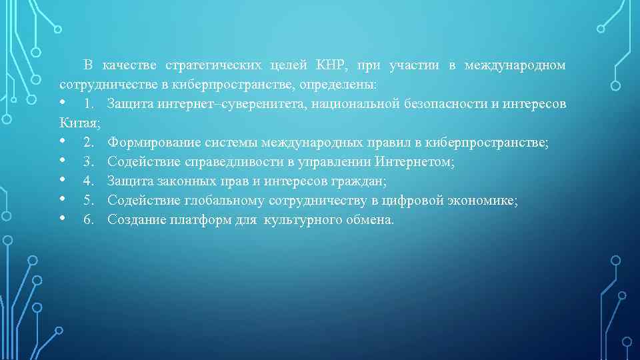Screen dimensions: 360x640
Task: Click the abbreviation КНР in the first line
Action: coord(331,65)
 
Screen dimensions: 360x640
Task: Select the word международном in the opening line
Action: coord(515,65)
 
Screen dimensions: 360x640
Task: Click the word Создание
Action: coord(133,220)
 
